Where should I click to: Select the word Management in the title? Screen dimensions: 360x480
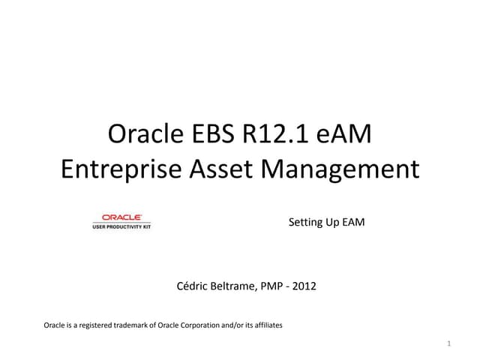pos(340,169)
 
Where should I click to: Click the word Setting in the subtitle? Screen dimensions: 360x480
pos(304,223)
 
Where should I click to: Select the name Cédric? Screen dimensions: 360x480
pos(192,285)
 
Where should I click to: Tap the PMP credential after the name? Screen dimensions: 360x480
pos(269,285)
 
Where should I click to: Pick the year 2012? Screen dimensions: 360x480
pos(303,285)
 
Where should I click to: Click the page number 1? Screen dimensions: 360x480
pos(448,344)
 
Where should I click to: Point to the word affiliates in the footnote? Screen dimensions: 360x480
pos(267,325)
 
